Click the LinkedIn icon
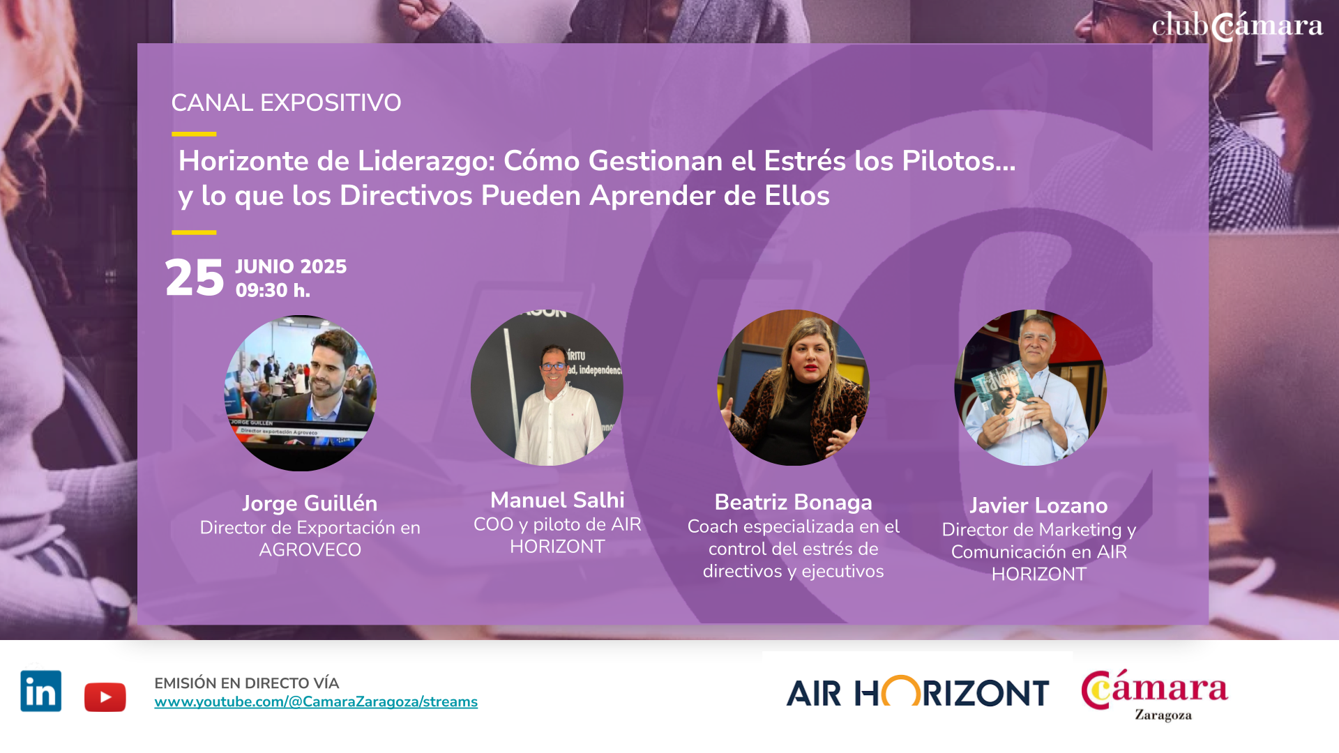(41, 690)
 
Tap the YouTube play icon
(105, 697)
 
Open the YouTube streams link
(316, 702)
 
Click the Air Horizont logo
(918, 692)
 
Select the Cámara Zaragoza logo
(1155, 695)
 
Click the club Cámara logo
(1237, 26)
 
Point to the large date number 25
(195, 278)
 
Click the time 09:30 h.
(273, 290)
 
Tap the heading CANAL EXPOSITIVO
(286, 103)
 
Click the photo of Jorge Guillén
(301, 393)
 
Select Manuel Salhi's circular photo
(547, 388)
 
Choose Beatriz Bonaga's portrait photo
(794, 388)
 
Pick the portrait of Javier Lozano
(1031, 388)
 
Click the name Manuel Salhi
(557, 500)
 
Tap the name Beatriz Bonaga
(794, 502)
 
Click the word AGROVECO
(310, 550)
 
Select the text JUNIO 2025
(291, 266)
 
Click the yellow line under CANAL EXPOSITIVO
(194, 134)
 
